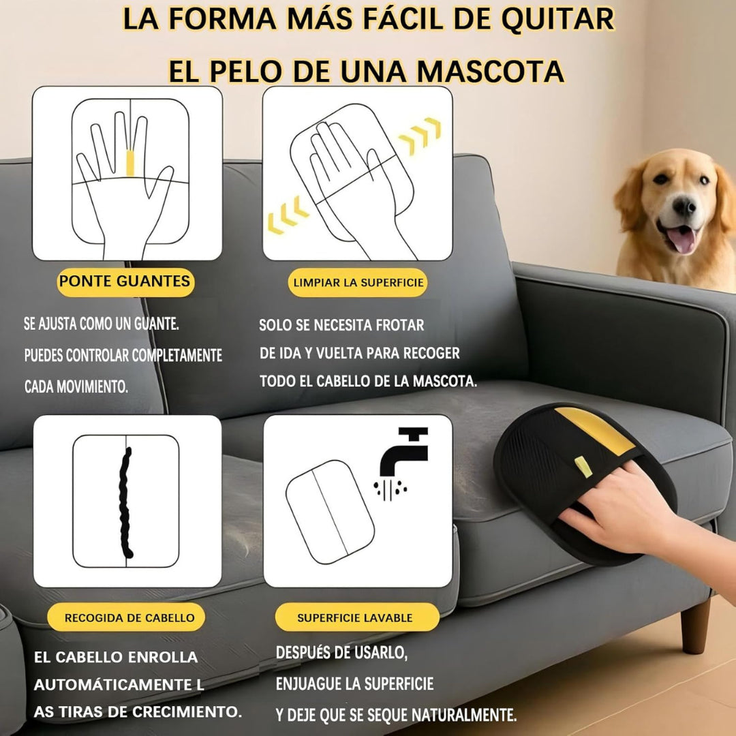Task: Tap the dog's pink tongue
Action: [681, 239]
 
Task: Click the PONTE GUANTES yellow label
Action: [125, 281]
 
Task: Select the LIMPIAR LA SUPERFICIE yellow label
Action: [358, 282]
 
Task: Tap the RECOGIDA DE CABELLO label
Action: [129, 618]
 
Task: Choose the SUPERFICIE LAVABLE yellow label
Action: [355, 618]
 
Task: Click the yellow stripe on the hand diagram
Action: [130, 164]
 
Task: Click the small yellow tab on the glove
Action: [581, 466]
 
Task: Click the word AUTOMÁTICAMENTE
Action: [110, 684]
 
